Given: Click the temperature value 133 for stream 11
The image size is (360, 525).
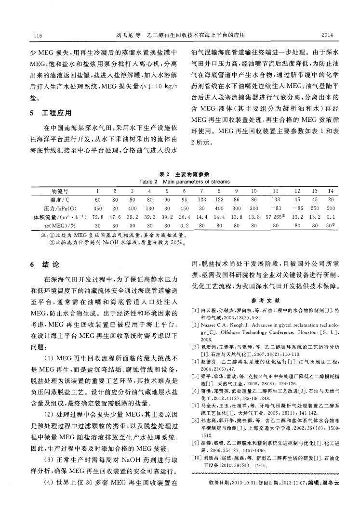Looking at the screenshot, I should (276, 199).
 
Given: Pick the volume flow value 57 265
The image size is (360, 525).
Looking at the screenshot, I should (276, 217).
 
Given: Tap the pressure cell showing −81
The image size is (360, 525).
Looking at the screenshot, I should (276, 208).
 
